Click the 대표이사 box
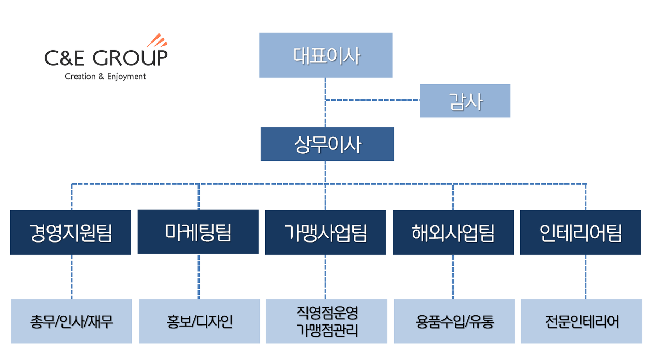point(326,55)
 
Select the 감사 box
point(465,101)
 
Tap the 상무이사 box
point(327,144)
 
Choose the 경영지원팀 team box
point(70,232)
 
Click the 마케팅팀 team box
point(198,232)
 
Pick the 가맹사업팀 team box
point(326,232)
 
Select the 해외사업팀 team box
point(453,232)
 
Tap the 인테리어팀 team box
point(580,232)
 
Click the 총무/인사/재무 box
point(71,321)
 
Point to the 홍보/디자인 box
point(199,321)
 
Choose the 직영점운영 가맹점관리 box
point(327,321)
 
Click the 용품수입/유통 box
point(454,321)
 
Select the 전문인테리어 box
point(582,321)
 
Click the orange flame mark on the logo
point(157,41)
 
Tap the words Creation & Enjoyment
point(105,77)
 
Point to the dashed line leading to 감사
point(372,100)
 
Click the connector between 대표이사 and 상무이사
point(325,102)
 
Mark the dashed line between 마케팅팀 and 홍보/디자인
point(199,277)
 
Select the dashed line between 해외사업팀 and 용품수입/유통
point(453,277)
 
